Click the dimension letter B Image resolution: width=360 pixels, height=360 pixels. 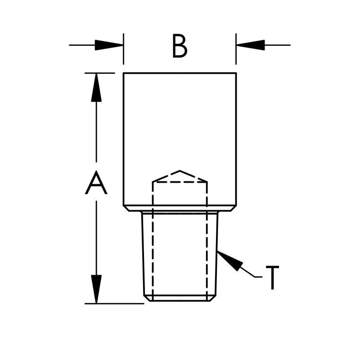coord(180,46)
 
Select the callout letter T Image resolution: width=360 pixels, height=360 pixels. coord(272,277)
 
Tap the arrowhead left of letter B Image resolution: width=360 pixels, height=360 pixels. coord(110,45)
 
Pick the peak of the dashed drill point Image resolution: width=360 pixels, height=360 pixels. coord(180,171)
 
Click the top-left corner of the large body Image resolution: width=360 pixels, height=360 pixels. coord(124,73)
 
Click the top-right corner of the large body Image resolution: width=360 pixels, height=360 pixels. coord(236,73)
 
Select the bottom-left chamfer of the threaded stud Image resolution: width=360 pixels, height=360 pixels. coord(147,298)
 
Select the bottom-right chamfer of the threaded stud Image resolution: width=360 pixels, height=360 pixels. coord(213,298)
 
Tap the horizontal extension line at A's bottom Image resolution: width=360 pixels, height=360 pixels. coord(115,303)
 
